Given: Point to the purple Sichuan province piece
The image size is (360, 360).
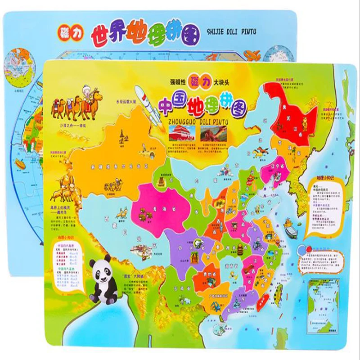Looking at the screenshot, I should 184,245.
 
